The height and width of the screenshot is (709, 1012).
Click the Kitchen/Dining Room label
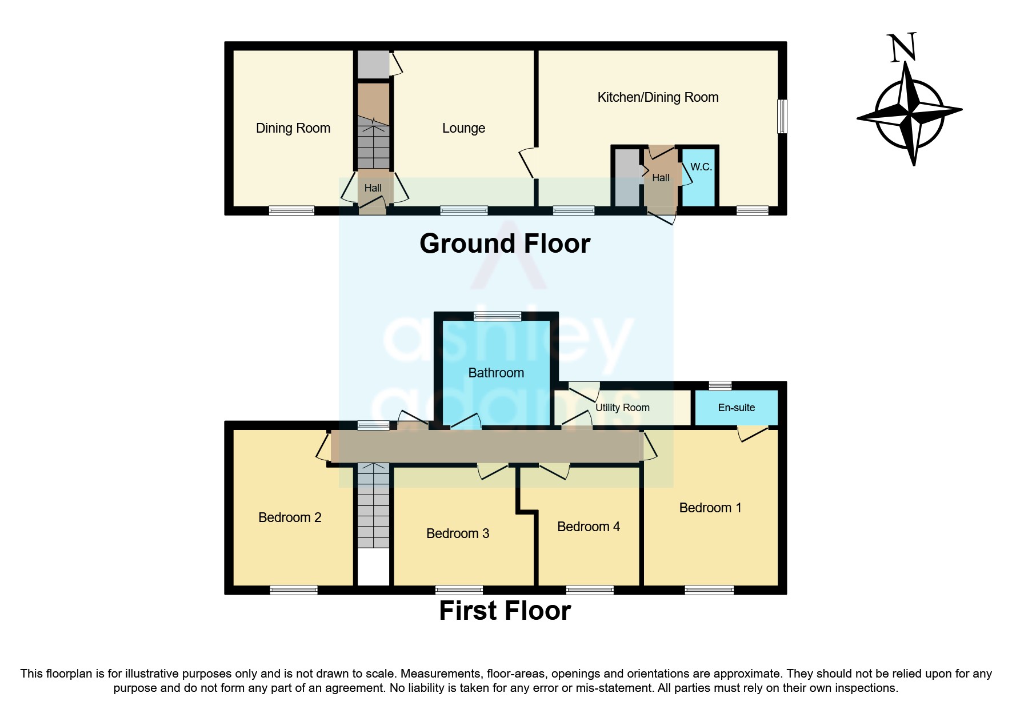[x=658, y=97]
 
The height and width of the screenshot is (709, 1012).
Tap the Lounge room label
[x=463, y=128]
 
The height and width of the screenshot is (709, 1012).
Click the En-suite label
[x=736, y=408]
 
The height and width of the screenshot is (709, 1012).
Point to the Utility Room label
[x=622, y=408]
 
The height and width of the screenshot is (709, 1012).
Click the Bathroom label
[x=496, y=373]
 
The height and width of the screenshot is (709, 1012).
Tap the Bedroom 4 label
[x=588, y=527]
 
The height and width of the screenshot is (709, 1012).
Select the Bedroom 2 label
[x=290, y=517]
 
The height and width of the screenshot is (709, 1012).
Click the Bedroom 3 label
[x=458, y=533]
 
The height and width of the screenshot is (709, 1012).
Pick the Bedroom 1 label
[x=710, y=508]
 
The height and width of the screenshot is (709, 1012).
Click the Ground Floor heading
[x=505, y=244]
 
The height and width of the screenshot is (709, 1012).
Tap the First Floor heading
[x=505, y=611]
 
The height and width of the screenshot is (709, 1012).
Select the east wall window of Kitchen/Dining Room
[x=782, y=117]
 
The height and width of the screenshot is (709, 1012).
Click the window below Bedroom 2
[x=294, y=590]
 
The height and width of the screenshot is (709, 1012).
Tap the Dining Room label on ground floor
[x=293, y=128]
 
